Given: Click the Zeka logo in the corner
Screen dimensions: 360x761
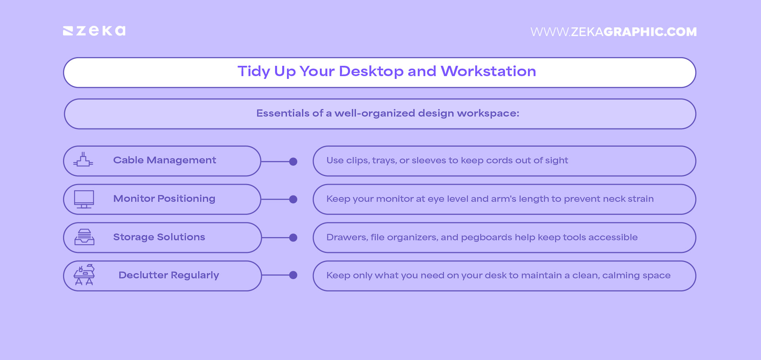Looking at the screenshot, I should point(94,31).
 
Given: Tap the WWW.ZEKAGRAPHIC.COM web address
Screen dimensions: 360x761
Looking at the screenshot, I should point(613,32).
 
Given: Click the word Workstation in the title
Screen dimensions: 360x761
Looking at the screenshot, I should point(488,71).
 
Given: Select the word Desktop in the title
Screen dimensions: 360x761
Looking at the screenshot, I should point(371,71).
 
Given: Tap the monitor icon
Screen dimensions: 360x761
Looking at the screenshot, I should point(84,199).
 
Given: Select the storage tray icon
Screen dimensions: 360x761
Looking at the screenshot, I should point(84,237).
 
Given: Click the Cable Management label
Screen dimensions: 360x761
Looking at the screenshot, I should point(164,160).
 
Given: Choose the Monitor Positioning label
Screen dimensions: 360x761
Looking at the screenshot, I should point(164,199).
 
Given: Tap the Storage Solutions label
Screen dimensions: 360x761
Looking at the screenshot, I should point(159,237).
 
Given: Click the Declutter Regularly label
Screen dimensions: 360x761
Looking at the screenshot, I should point(168,275).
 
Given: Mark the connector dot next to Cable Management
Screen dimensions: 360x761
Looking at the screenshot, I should point(293,161).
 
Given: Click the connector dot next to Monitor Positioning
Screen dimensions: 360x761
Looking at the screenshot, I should point(293,199).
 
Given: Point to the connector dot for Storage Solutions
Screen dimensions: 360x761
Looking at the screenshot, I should point(293,237).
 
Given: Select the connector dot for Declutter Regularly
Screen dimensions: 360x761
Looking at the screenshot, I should point(293,275).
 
